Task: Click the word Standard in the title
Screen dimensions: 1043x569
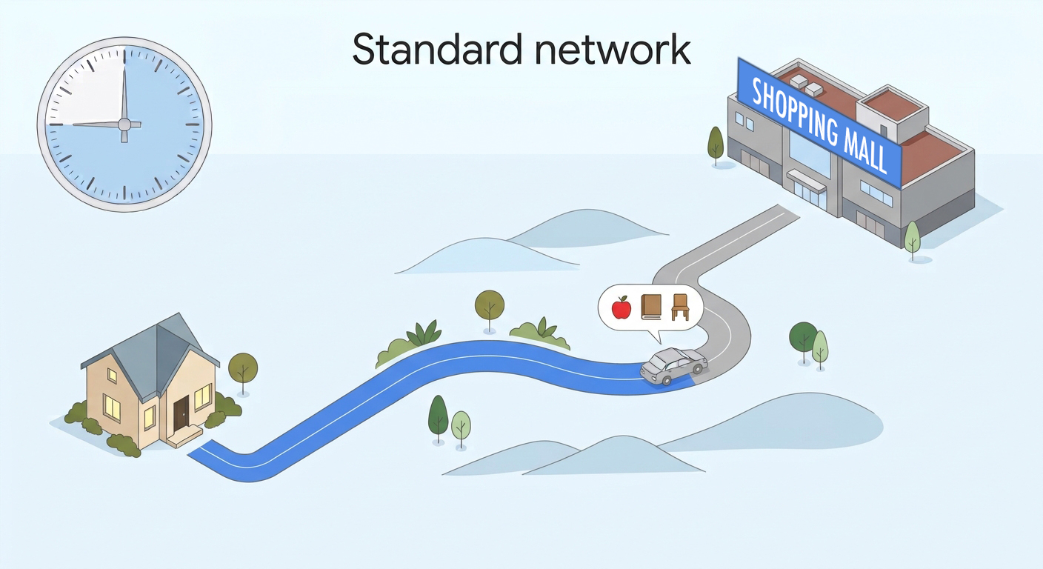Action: [437, 50]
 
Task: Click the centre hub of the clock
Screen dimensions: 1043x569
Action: [124, 124]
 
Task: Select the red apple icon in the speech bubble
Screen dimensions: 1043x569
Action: [622, 307]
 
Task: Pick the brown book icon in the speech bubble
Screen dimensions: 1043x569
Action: [651, 307]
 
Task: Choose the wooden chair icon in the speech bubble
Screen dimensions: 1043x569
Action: [680, 307]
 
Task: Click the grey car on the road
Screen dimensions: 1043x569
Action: [674, 366]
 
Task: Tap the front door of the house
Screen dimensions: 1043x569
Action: [181, 414]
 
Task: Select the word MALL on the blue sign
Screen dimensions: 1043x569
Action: [865, 153]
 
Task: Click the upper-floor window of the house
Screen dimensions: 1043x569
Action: [112, 376]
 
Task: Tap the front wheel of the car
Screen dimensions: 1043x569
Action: [667, 380]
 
